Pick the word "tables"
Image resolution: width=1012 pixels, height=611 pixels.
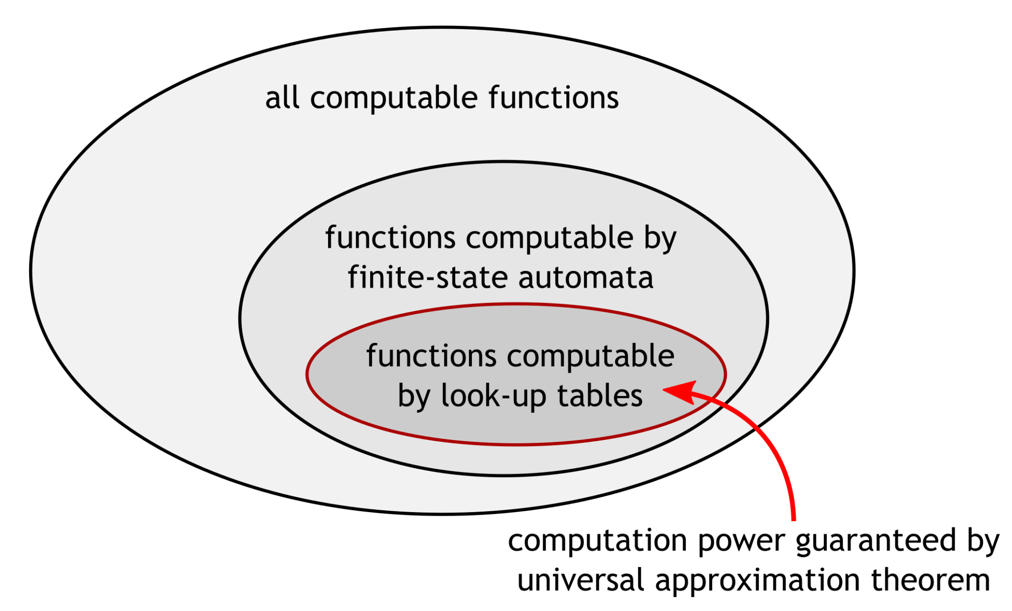(600, 396)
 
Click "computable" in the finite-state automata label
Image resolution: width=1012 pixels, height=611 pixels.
(549, 238)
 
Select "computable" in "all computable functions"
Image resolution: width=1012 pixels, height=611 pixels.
(393, 98)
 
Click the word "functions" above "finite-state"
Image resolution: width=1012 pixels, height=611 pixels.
(390, 238)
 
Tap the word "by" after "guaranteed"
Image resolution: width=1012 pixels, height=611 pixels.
(983, 541)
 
